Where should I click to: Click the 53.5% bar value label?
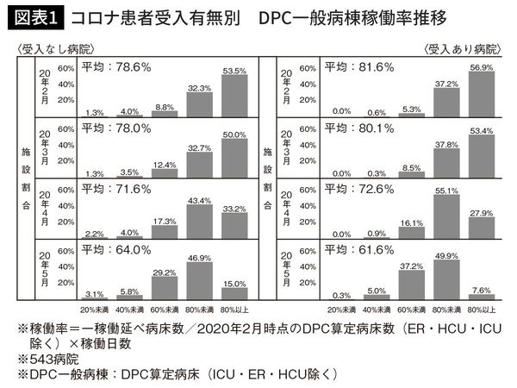[234, 70]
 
